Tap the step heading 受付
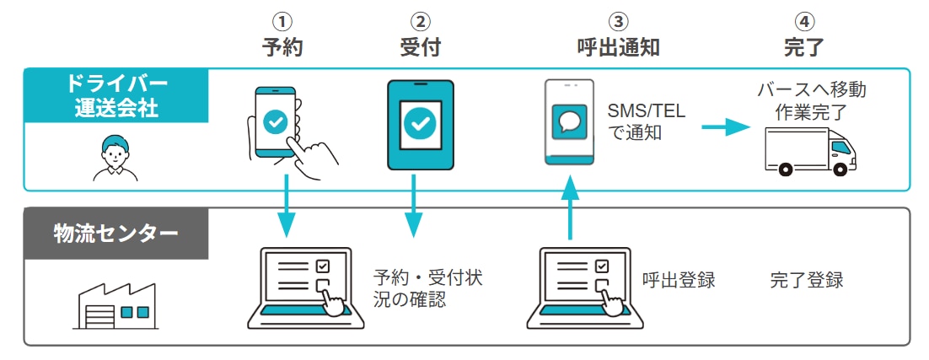[x=419, y=47]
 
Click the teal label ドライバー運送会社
[x=116, y=96]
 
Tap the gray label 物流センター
[x=116, y=233]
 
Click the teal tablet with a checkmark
[x=419, y=124]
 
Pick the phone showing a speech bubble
[x=571, y=123]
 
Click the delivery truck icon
[x=809, y=151]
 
